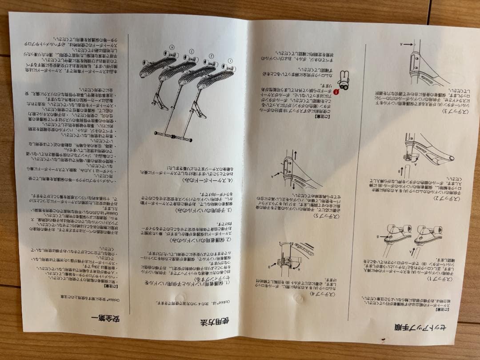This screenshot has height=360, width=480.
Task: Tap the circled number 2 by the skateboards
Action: coord(212,56)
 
